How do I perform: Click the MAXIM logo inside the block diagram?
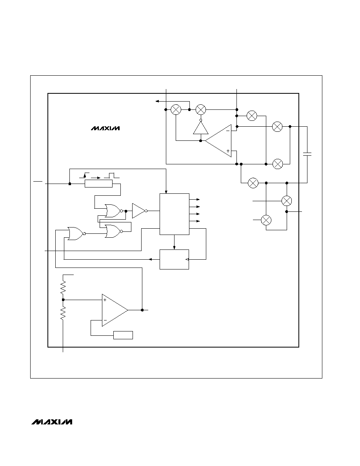pos(105,128)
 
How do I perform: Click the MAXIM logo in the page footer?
pos(52,422)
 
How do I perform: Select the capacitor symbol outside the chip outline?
pos(307,154)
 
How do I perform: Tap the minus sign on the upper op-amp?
pos(228,131)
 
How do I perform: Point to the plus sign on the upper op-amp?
pos(228,151)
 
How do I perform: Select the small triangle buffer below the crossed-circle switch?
pos(201,127)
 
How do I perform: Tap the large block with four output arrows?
pos(175,214)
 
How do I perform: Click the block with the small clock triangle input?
pos(175,259)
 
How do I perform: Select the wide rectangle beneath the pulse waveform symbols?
pos(98,184)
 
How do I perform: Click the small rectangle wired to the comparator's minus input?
pos(123,335)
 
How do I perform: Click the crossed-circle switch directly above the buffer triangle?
pos(201,110)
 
